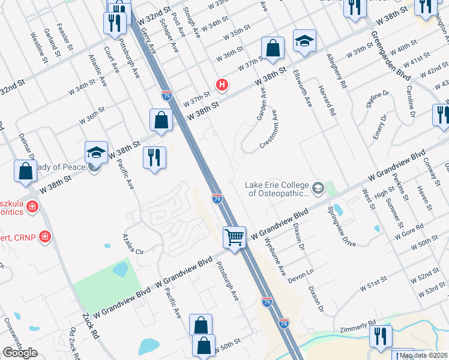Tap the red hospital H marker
coord(222,85)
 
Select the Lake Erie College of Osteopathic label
coord(277,189)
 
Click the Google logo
coord(20,353)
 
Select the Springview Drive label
coord(342,227)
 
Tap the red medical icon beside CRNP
coord(44,238)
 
